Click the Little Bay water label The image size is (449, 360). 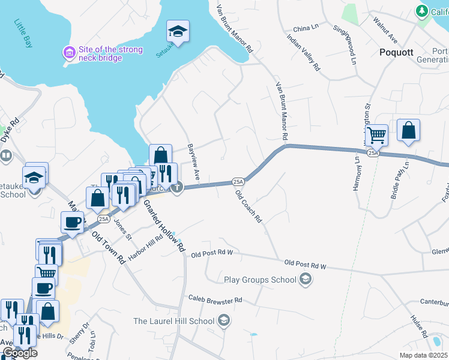23,33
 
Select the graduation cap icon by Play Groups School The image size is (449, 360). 306,279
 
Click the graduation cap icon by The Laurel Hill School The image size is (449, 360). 224,320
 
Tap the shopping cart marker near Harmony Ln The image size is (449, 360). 376,134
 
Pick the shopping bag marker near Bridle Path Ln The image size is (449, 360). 408,130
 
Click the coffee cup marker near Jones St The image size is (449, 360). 72,223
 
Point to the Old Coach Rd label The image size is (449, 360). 249,206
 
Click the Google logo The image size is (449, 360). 20,353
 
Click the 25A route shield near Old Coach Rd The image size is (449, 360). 238,181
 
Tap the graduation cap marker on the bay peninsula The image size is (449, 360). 178,31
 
